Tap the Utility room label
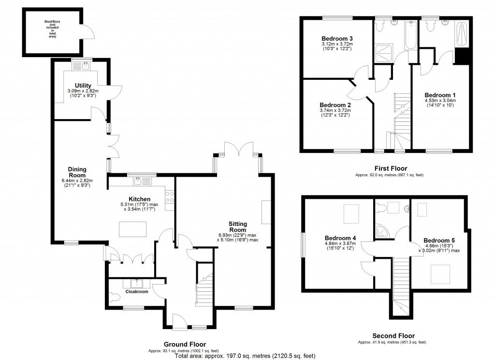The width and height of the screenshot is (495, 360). [83, 86]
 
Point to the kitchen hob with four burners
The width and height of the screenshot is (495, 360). [170, 197]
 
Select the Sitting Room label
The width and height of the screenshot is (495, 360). [238, 227]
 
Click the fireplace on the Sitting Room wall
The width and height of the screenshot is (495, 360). [266, 211]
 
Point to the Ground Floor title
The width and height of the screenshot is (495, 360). [184, 344]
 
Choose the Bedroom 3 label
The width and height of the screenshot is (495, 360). [337, 39]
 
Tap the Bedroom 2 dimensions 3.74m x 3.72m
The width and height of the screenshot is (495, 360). [335, 110]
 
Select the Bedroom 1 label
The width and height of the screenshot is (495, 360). [440, 95]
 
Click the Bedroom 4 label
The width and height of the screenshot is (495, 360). [340, 238]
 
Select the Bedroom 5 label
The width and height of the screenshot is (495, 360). [439, 240]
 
